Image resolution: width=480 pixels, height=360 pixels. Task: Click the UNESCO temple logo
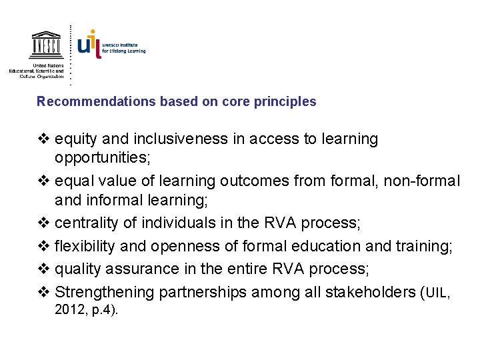tap(46, 45)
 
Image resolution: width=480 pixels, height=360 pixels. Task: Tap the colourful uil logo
tap(90, 43)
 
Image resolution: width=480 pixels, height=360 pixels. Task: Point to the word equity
tap(75, 139)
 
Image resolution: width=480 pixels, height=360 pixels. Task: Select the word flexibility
tap(85, 247)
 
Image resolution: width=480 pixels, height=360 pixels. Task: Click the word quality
tap(77, 269)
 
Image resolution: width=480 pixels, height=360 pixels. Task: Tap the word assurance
tap(141, 269)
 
